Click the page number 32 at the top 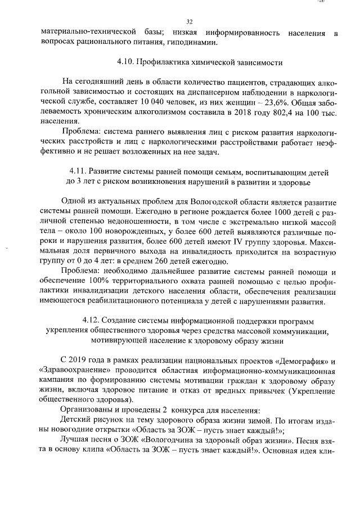189,22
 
